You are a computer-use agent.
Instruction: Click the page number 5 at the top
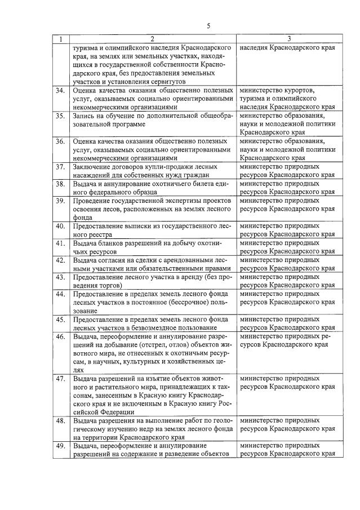pos(208,26)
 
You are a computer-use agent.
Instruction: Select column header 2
pos(152,39)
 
